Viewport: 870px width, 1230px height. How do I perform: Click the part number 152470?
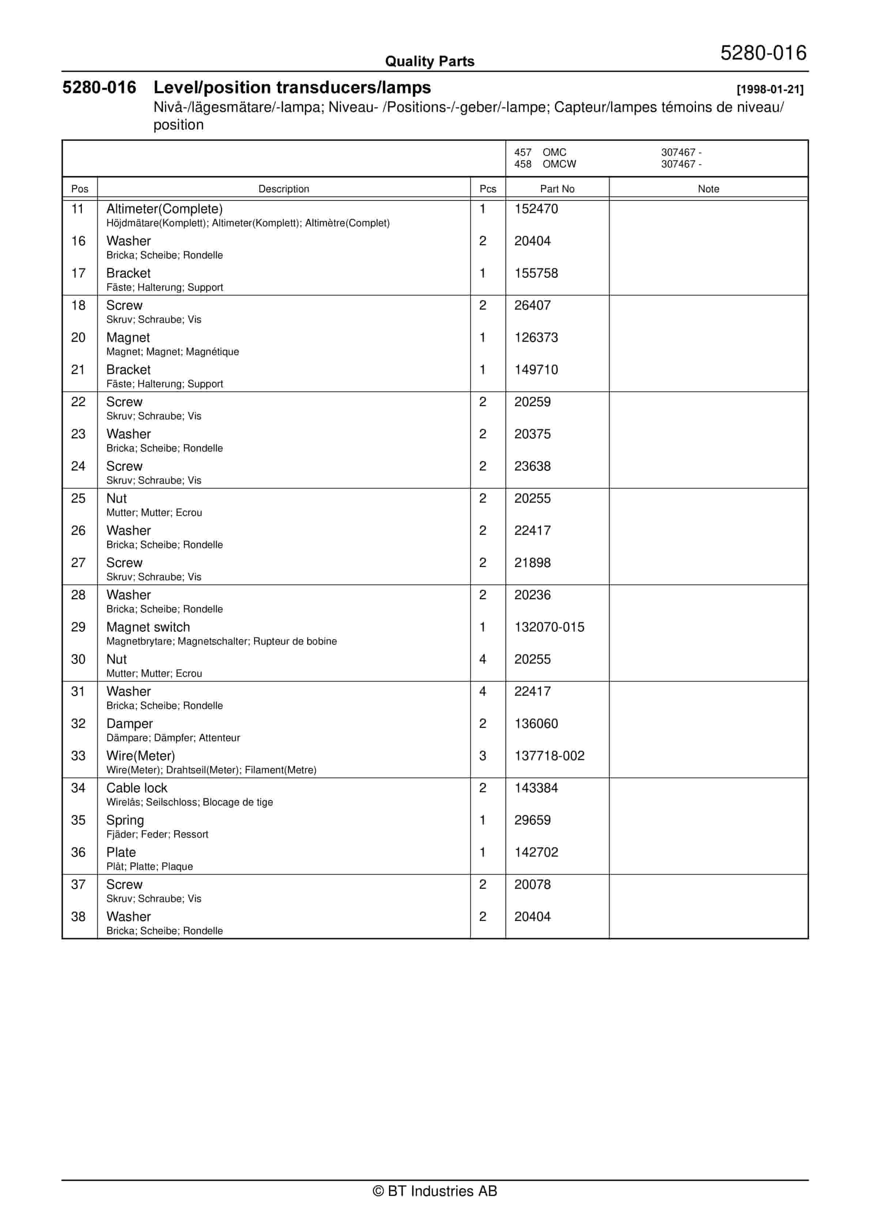point(536,209)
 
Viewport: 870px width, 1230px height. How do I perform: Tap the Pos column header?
point(79,189)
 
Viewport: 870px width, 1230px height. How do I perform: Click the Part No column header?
point(557,189)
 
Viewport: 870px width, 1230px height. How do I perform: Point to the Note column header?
point(708,189)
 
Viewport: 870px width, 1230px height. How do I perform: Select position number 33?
point(78,755)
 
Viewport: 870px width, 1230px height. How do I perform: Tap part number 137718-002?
point(549,755)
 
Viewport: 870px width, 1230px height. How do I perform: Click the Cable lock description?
point(137,788)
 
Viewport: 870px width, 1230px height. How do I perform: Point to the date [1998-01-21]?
point(770,90)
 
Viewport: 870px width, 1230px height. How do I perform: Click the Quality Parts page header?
point(430,61)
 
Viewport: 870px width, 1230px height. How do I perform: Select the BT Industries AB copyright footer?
point(435,1191)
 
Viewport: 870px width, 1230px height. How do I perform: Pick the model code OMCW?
point(559,164)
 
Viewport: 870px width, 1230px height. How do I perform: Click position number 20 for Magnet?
point(78,337)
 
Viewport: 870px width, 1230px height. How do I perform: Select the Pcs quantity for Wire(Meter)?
point(482,755)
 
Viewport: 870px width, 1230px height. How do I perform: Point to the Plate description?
point(121,852)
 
